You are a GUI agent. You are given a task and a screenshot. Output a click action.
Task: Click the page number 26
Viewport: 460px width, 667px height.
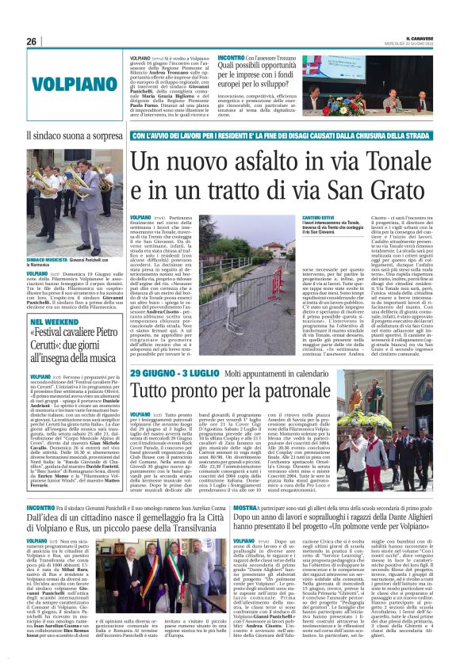click(32, 41)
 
